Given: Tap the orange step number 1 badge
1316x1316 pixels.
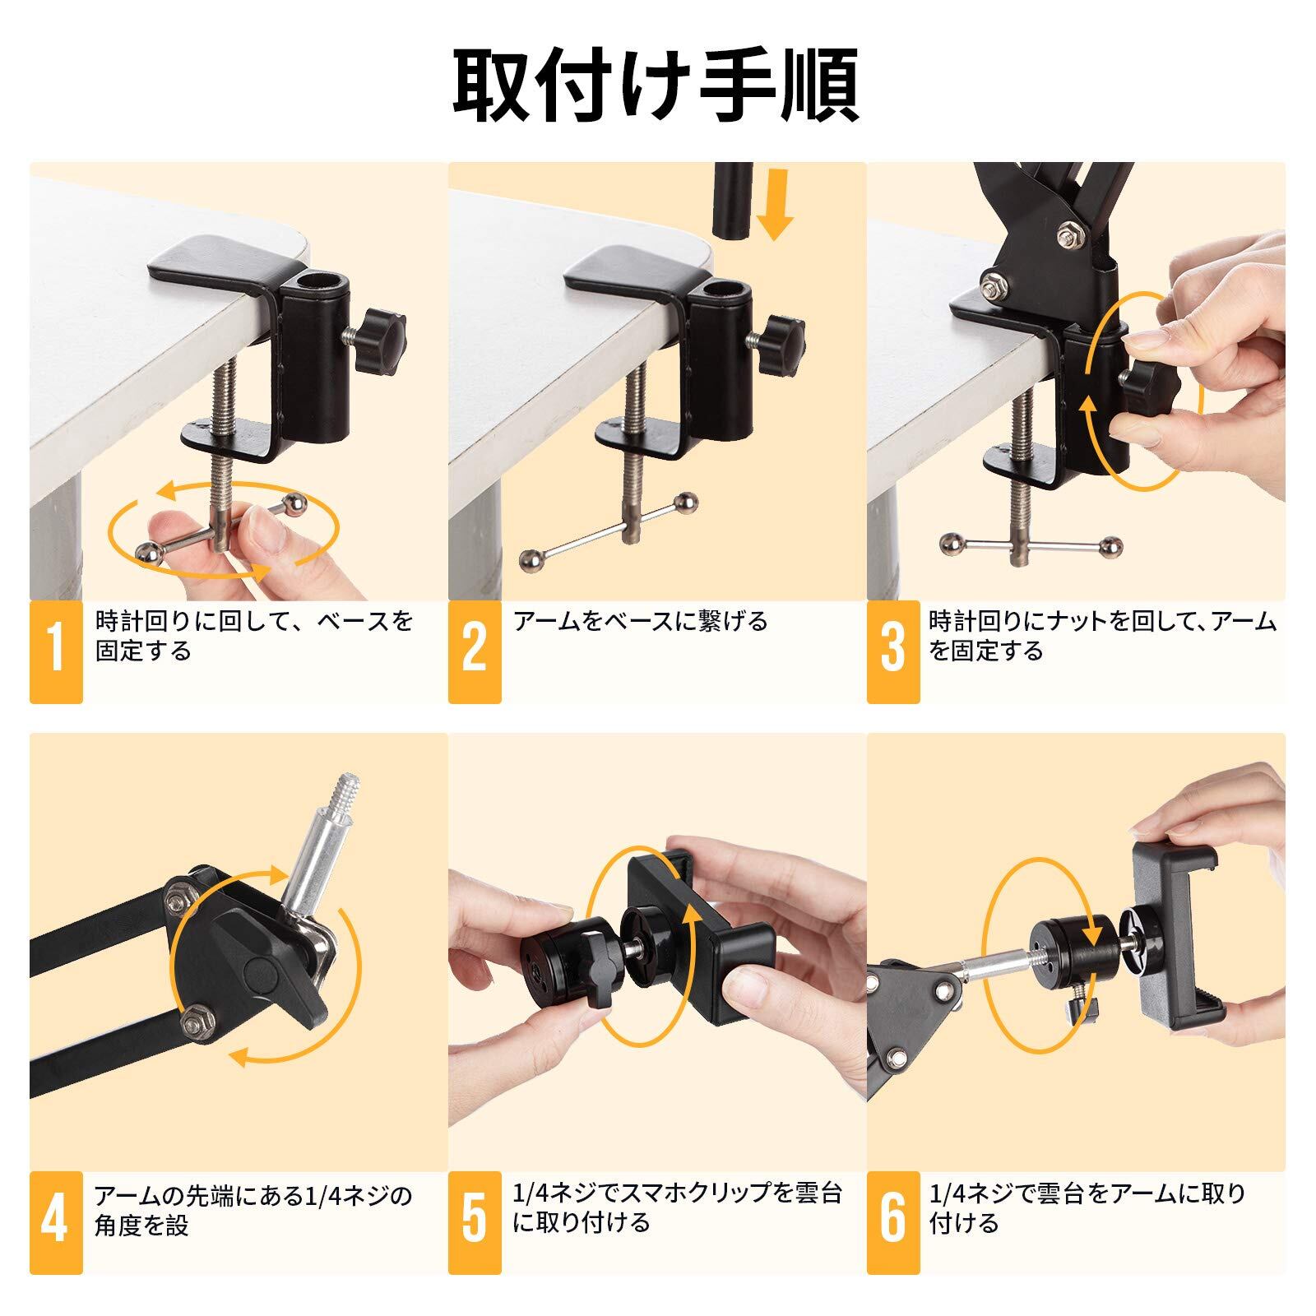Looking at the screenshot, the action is coord(56,652).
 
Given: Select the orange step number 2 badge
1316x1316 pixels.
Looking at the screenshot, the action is coord(475,652).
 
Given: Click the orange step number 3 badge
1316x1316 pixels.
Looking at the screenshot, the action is coord(893,652).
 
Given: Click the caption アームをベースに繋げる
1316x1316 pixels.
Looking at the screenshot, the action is coord(640,621).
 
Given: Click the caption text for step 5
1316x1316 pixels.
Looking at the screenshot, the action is coord(677,1207).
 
